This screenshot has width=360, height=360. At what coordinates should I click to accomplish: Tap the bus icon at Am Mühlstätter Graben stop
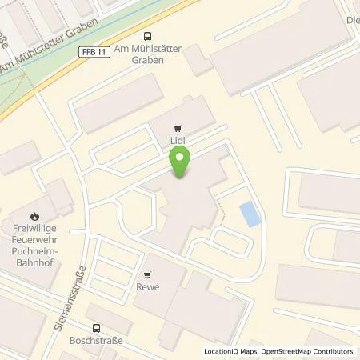(x=147, y=35)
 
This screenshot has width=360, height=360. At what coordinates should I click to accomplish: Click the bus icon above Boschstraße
(x=97, y=327)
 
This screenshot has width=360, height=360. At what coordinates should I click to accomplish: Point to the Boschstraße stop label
(x=97, y=339)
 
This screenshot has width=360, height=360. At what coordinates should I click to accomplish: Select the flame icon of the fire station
(x=34, y=214)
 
